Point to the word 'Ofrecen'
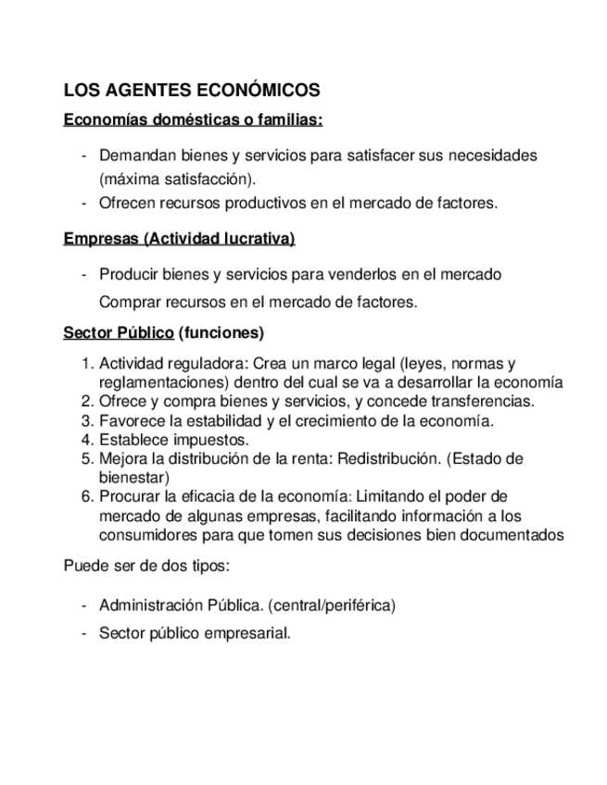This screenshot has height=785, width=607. pyautogui.click(x=127, y=203)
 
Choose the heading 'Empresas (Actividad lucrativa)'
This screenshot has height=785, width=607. pyautogui.click(x=179, y=239)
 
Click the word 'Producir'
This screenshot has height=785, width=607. pyautogui.click(x=127, y=275)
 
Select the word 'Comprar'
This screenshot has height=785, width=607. pyautogui.click(x=130, y=302)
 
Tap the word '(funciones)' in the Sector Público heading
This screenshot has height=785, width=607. pyautogui.click(x=221, y=332)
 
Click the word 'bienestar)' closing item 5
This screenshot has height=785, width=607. pyautogui.click(x=134, y=478)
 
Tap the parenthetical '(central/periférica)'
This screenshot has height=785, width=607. pyautogui.click(x=332, y=605)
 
